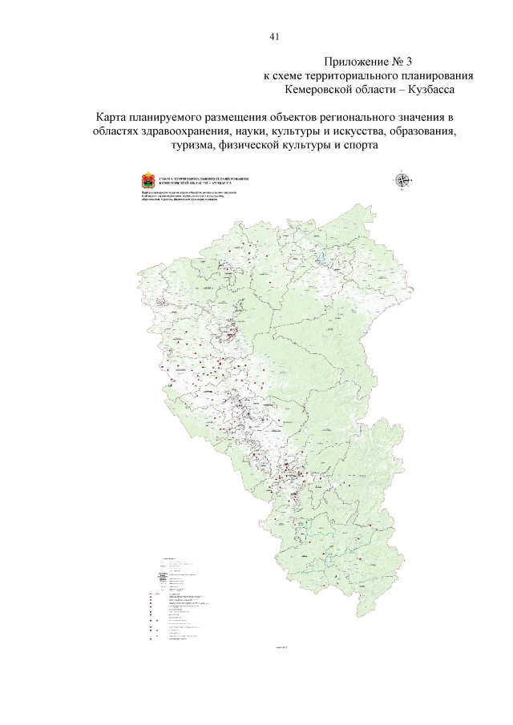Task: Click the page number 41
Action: tap(274, 37)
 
